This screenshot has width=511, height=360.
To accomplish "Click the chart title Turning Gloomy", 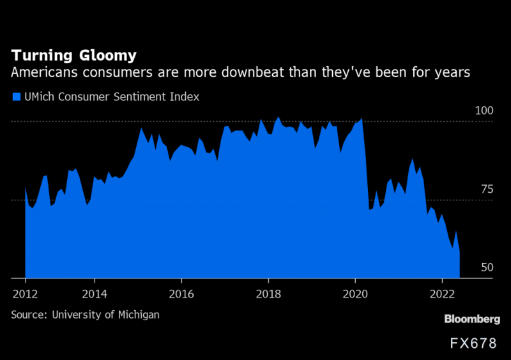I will tap(73, 55).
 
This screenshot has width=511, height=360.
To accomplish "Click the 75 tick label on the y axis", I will tap(487, 189).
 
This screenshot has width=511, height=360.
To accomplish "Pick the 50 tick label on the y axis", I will tap(487, 267).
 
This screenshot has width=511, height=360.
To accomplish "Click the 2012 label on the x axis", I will tap(26, 295).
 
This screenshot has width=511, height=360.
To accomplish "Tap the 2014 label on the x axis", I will tap(95, 295).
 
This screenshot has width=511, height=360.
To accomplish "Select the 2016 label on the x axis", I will tap(181, 295).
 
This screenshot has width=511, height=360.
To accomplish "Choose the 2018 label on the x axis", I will tap(268, 295).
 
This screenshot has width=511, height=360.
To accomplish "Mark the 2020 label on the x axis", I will tap(356, 295).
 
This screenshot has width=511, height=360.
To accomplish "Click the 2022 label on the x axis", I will tap(443, 295).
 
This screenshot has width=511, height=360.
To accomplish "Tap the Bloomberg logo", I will tap(472, 319).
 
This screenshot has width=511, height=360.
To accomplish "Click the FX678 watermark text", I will tap(473, 343).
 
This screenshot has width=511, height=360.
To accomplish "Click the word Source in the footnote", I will tap(27, 315).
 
